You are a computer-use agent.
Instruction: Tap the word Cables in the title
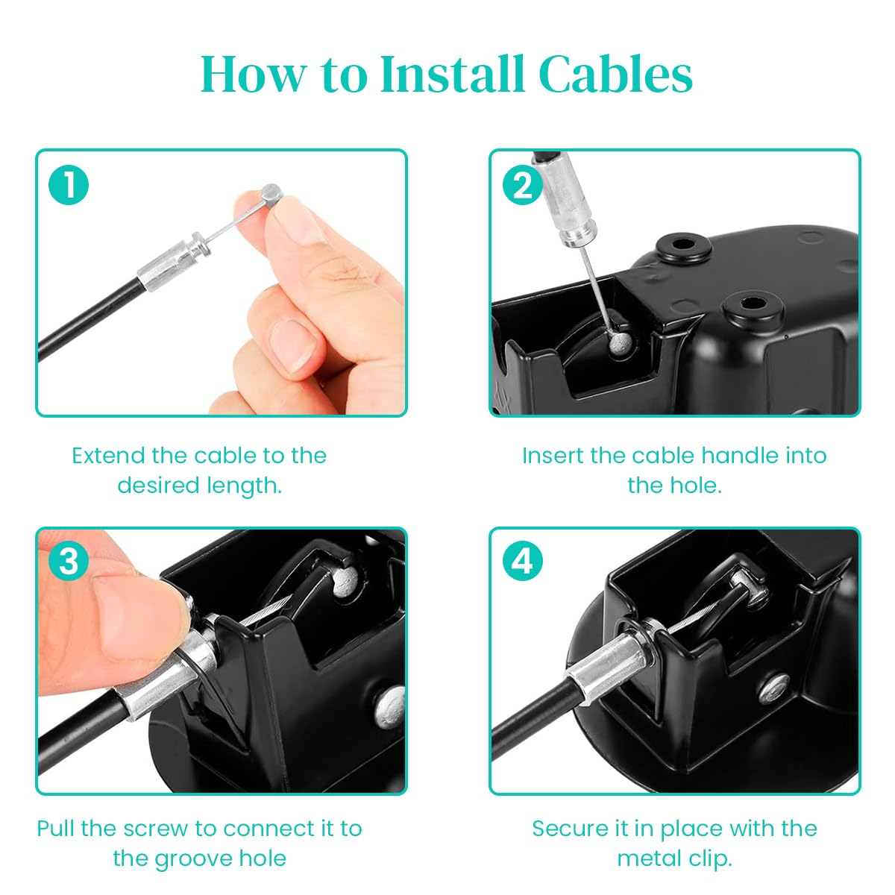point(615,75)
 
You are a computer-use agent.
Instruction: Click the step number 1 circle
point(69,185)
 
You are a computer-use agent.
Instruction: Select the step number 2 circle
point(522,185)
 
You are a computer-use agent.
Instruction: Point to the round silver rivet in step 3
point(391,706)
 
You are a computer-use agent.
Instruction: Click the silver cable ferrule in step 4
point(608,660)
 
